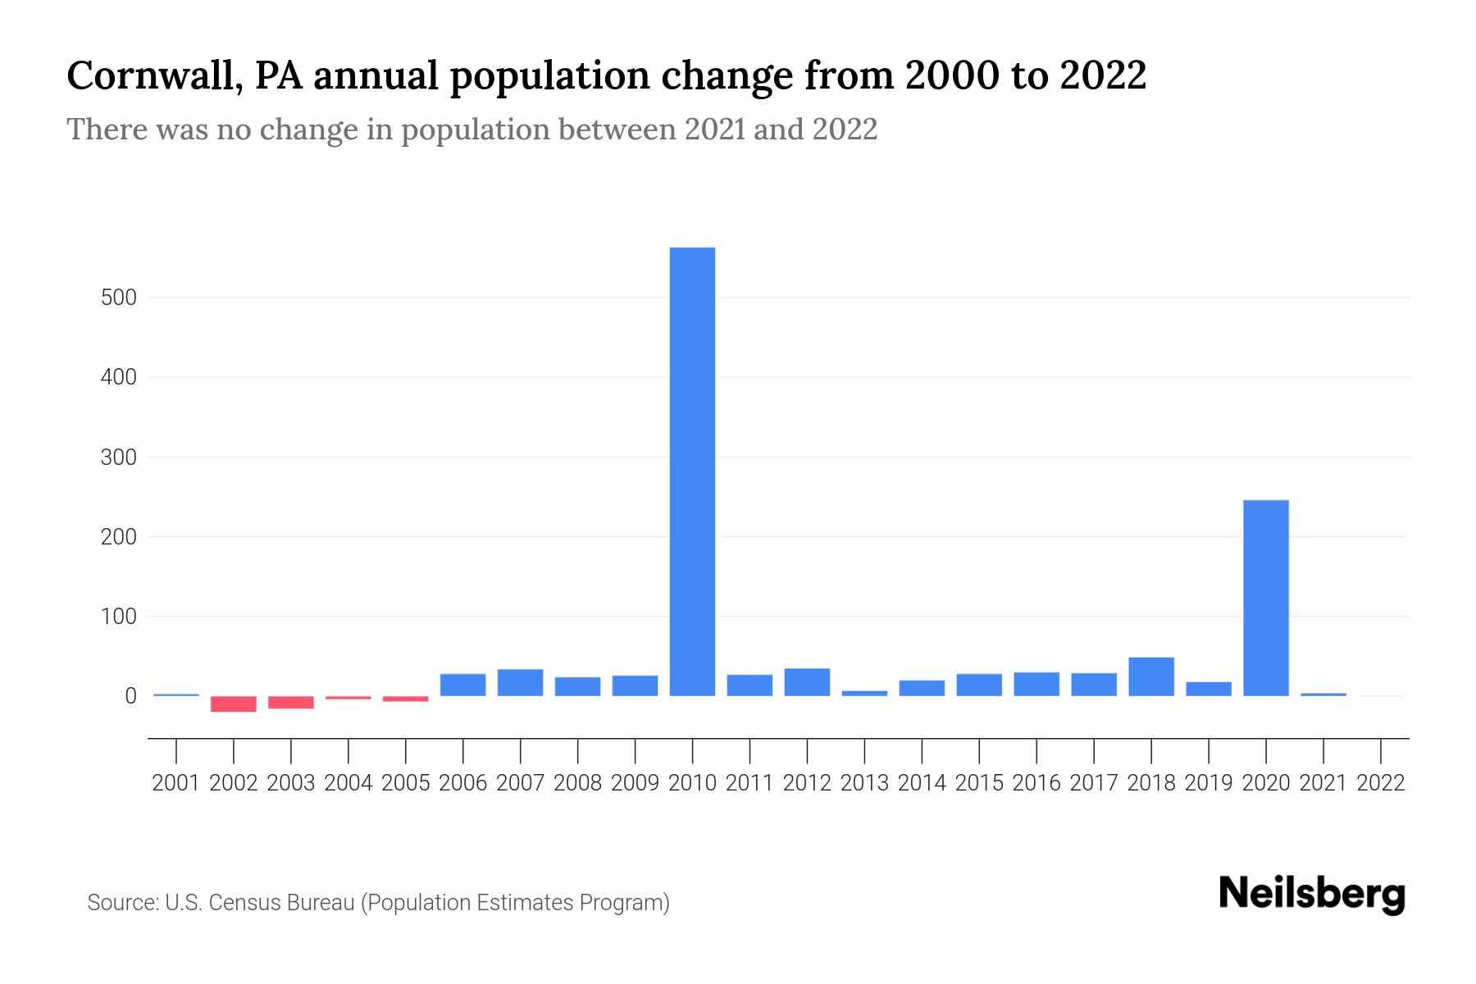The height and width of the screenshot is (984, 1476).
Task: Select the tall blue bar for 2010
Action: click(x=692, y=471)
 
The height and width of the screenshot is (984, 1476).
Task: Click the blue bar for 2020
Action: click(x=1265, y=598)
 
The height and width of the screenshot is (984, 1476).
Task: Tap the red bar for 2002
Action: click(x=234, y=704)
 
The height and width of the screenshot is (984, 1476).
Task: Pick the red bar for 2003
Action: click(x=291, y=702)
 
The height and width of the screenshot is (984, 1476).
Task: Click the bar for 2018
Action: click(x=1150, y=676)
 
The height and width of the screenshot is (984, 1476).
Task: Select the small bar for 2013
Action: click(x=864, y=693)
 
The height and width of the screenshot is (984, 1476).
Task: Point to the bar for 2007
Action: click(x=520, y=682)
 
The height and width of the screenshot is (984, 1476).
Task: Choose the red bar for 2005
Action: click(x=405, y=699)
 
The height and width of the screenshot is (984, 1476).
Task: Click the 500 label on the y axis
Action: click(x=118, y=298)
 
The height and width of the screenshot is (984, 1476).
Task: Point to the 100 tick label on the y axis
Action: click(x=118, y=617)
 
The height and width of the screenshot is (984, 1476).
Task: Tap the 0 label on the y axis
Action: click(x=130, y=696)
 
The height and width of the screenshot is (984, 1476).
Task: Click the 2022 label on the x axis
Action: click(x=1381, y=783)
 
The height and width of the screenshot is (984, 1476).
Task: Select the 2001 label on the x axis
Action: click(x=176, y=783)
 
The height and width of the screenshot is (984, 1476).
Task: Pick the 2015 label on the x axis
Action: click(x=979, y=783)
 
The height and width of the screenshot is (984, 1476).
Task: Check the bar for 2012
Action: click(x=807, y=682)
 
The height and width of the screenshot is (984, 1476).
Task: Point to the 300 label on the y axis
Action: click(x=118, y=458)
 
